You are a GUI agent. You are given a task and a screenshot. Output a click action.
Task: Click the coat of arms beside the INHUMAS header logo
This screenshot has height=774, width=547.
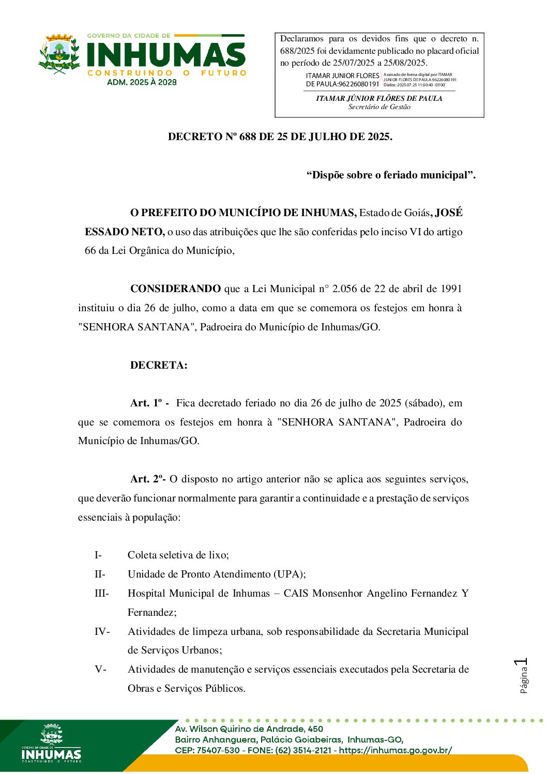tap(59, 54)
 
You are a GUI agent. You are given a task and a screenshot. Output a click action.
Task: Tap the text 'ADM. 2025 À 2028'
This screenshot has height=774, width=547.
tap(142, 82)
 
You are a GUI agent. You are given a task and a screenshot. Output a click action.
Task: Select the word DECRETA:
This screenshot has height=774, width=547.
tap(159, 366)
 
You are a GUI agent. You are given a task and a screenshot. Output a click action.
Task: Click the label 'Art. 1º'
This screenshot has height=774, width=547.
tap(146, 403)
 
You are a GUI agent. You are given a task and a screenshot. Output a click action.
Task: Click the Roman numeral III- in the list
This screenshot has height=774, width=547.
tap(101, 594)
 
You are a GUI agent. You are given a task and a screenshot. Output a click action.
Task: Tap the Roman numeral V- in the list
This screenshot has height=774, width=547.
tap(100, 670)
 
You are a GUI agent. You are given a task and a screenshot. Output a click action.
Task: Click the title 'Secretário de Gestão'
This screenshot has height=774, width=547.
tap(379, 107)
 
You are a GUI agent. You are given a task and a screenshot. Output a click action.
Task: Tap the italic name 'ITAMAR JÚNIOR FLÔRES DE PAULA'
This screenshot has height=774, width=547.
tap(379, 98)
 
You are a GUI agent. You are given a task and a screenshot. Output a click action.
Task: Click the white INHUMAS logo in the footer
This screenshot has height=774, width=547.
tap(51, 744)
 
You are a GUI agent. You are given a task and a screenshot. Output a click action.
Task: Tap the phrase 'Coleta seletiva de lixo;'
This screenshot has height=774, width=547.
tap(178, 555)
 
